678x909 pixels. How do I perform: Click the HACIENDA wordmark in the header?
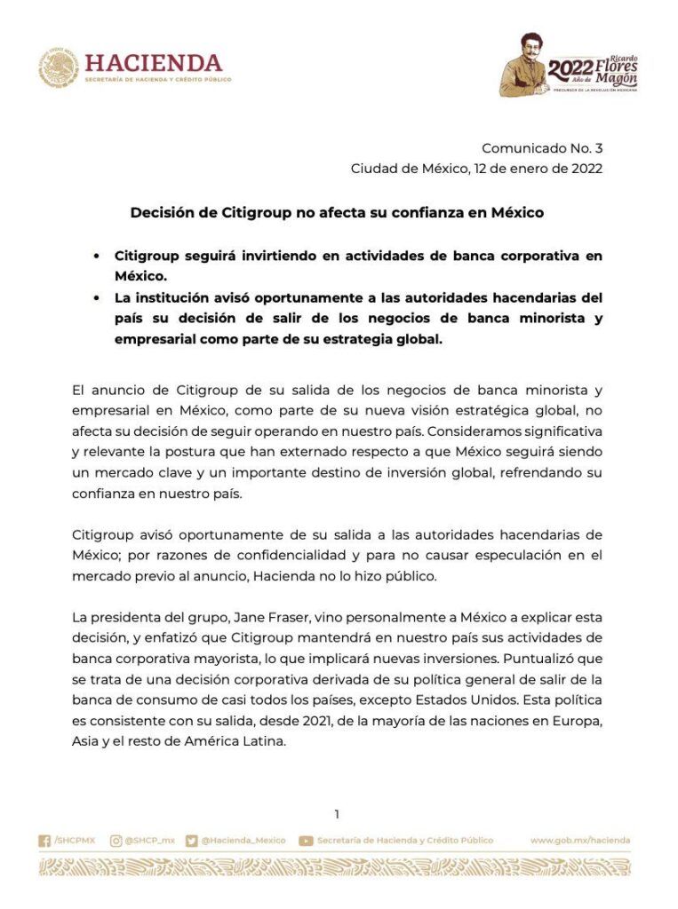point(154,62)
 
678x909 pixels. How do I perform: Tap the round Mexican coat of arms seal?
point(59,68)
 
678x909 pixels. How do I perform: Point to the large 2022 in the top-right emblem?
point(571,70)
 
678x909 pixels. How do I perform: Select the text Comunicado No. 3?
point(542,148)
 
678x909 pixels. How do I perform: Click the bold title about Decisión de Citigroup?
point(337,213)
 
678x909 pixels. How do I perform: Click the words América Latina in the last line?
point(241,741)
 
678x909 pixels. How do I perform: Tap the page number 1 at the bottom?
point(337,814)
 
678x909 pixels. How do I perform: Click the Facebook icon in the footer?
point(44,841)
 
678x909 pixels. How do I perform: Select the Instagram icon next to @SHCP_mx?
point(116,841)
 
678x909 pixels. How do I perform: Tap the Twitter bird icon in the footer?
point(191,841)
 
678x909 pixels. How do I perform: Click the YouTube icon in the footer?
point(306,841)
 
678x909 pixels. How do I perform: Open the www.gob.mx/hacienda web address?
point(580,841)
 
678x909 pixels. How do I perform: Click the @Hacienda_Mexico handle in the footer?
point(243,841)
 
